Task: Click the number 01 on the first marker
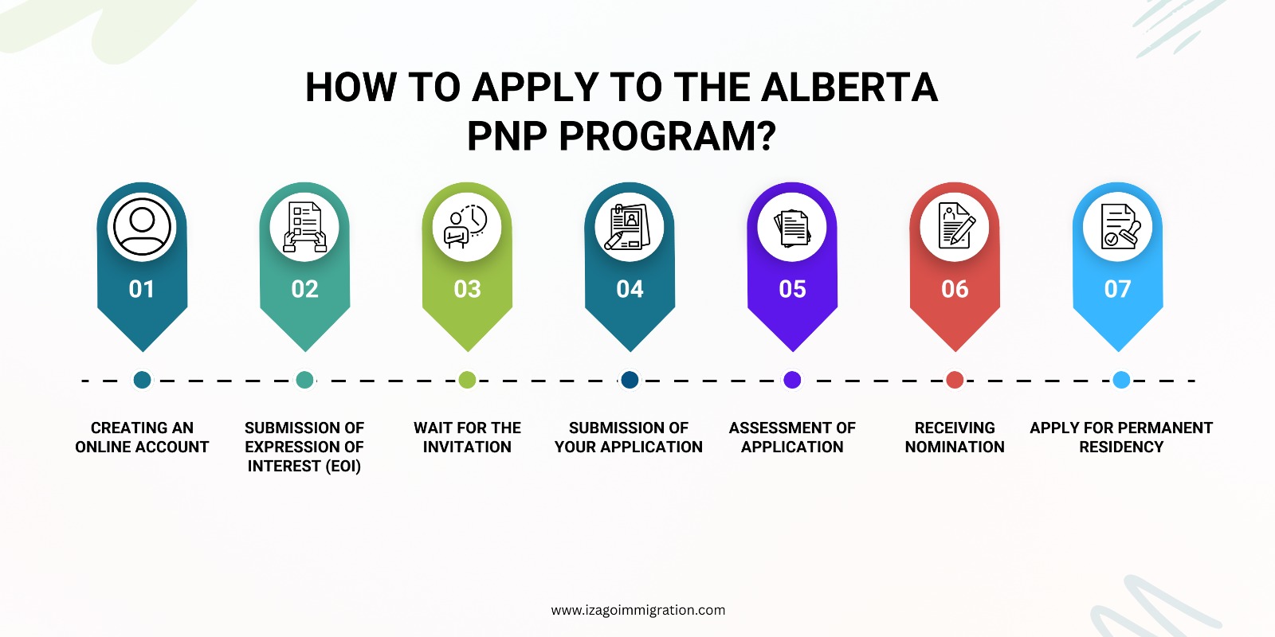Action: (x=142, y=289)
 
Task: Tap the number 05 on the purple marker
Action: (x=792, y=289)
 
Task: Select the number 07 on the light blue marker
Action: (x=1117, y=289)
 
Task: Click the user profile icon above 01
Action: (x=142, y=226)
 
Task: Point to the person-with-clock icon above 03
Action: (x=467, y=227)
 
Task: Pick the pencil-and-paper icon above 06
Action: (x=955, y=225)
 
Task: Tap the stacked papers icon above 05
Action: (x=792, y=228)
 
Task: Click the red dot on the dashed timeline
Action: (x=955, y=380)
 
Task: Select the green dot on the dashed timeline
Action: (x=467, y=380)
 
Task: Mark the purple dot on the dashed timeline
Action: (x=792, y=380)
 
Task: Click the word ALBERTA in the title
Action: (x=849, y=88)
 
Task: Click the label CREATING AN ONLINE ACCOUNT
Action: (x=142, y=437)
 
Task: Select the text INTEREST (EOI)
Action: (x=304, y=467)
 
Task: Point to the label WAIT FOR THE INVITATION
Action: (x=467, y=437)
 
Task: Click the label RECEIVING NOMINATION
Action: (x=955, y=437)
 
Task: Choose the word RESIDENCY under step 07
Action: (x=1121, y=447)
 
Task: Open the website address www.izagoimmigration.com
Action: (x=638, y=610)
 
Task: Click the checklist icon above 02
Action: (x=304, y=227)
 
